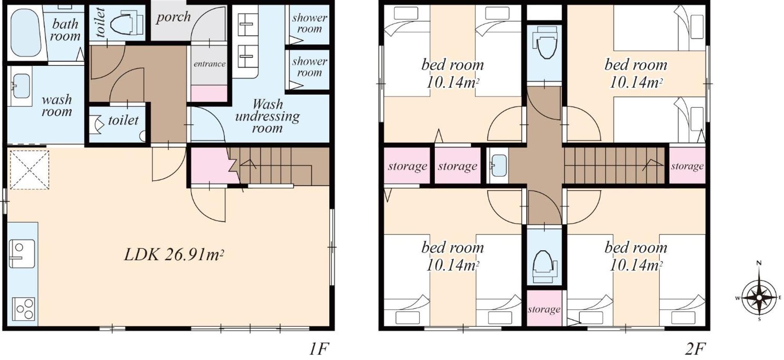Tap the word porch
pyautogui.click(x=173, y=17)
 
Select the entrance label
pyautogui.click(x=209, y=64)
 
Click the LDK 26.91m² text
pyautogui.click(x=174, y=254)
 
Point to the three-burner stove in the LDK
pyautogui.click(x=24, y=309)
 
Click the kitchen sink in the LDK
pyautogui.click(x=22, y=254)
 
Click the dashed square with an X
pyautogui.click(x=29, y=170)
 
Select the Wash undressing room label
pyautogui.click(x=267, y=116)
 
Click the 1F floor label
pyautogui.click(x=318, y=349)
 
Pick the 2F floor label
pyautogui.click(x=695, y=349)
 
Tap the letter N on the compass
pyautogui.click(x=759, y=263)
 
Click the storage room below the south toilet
pyautogui.click(x=544, y=308)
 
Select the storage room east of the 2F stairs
pyautogui.click(x=687, y=166)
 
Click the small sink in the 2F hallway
pyautogui.click(x=499, y=166)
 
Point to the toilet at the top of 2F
pyautogui.click(x=544, y=43)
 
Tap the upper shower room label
pyautogui.click(x=309, y=23)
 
